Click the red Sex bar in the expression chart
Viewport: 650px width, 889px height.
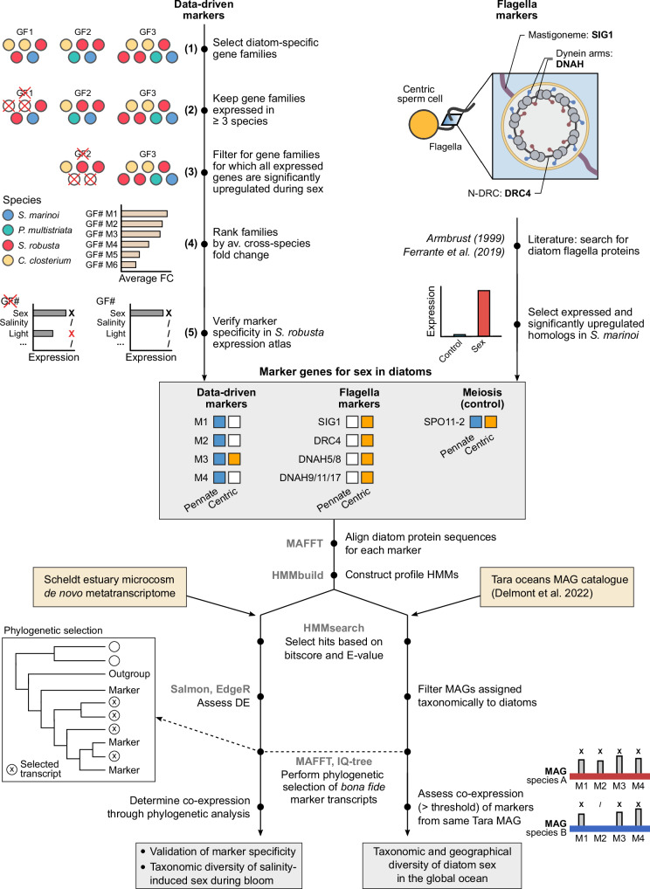point(484,313)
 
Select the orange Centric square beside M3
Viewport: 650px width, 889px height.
point(233,459)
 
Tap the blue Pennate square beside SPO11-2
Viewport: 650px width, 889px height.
point(476,422)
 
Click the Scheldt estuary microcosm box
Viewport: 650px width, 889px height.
point(109,586)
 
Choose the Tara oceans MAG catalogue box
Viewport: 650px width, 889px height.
point(557,587)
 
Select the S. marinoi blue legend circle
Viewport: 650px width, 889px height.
point(8,216)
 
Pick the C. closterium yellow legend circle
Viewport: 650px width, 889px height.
point(8,261)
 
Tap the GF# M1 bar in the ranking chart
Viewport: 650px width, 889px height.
point(144,214)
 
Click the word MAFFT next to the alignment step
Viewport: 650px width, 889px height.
point(305,543)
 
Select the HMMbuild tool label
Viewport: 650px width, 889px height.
point(297,575)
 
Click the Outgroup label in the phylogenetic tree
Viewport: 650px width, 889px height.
point(129,673)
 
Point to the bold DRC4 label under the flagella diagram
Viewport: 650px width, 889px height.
point(517,193)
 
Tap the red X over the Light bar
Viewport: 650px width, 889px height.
point(72,334)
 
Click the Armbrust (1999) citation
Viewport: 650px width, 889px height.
point(465,238)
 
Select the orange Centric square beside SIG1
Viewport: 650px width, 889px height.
point(367,422)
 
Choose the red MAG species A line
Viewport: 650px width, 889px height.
point(609,776)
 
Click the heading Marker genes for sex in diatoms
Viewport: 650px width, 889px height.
point(345,372)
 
